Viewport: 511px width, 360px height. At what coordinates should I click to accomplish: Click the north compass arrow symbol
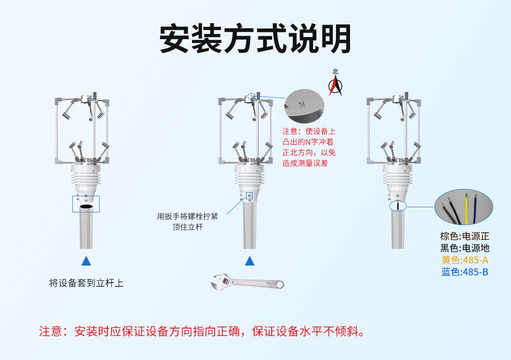coord(336,86)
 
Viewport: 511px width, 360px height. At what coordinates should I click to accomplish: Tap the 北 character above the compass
coord(336,72)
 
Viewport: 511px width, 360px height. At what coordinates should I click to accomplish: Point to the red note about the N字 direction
coord(309,147)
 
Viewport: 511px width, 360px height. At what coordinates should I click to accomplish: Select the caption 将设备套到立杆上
coord(86,283)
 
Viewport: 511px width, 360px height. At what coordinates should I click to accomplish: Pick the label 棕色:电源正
coord(465,236)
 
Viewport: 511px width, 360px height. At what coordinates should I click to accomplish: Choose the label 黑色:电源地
coord(465,248)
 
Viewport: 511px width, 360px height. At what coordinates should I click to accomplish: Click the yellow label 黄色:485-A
coord(465,260)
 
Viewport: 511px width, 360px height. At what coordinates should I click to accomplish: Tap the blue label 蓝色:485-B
coord(465,272)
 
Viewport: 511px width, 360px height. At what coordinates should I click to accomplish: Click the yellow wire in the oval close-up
coord(466,209)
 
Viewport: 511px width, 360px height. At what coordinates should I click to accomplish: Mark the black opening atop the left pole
coord(86,206)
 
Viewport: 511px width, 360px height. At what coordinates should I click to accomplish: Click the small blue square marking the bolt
coord(250,196)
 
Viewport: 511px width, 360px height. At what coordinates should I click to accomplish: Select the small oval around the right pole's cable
coord(398,206)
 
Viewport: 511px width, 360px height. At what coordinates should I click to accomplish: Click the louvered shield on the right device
coord(397,177)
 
